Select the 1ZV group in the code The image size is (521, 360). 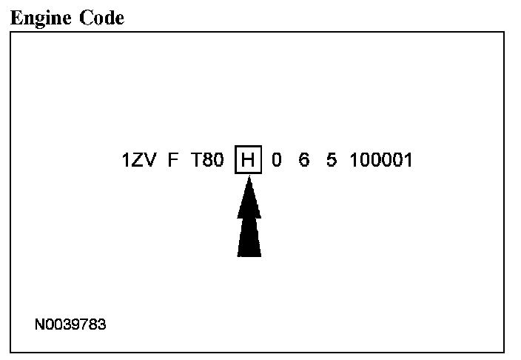(x=138, y=160)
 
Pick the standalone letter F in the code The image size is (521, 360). (x=173, y=160)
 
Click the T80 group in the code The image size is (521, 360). (x=206, y=160)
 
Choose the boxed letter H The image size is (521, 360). (x=248, y=160)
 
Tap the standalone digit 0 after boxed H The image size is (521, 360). (x=277, y=160)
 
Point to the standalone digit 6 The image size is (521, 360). (x=303, y=160)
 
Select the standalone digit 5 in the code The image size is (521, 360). (x=330, y=160)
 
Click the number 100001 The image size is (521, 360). (x=380, y=160)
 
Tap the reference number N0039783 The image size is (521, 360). (x=71, y=324)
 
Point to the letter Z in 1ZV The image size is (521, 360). (x=138, y=160)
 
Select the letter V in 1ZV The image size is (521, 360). (x=150, y=160)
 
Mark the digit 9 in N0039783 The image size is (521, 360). (x=75, y=324)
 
